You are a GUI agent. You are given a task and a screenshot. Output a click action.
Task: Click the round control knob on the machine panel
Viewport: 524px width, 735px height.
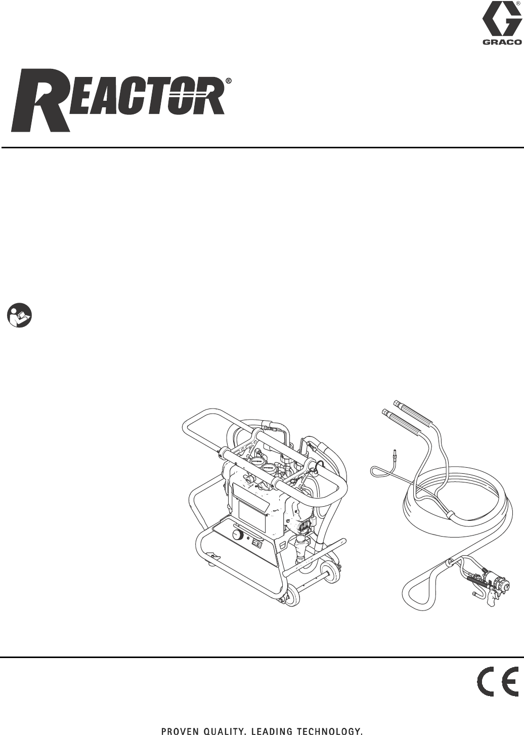(x=236, y=535)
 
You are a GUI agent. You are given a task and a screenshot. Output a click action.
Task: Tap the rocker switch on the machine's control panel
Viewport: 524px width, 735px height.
(x=257, y=545)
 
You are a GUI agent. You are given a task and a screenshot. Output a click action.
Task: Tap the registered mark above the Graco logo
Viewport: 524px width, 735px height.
(x=518, y=4)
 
